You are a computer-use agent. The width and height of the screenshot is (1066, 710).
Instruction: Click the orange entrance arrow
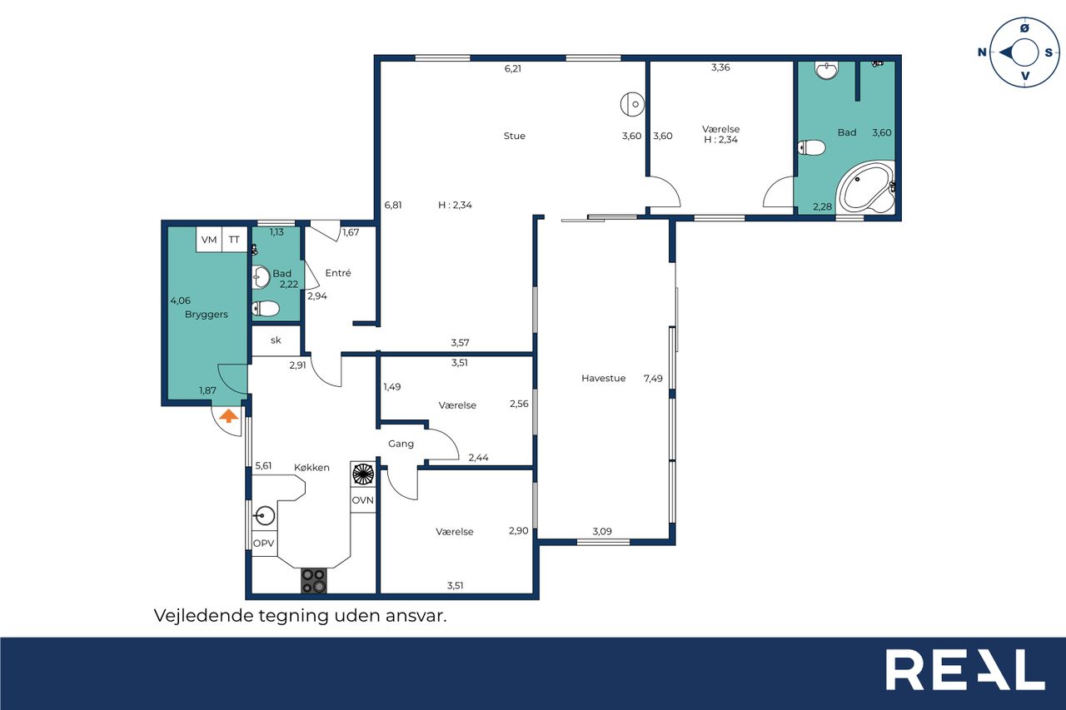[x=228, y=415]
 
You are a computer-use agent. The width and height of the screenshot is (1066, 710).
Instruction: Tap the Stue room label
[x=515, y=136]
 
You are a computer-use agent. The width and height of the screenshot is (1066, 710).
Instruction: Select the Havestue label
[x=604, y=379]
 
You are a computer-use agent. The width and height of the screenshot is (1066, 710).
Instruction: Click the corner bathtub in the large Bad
[x=866, y=187]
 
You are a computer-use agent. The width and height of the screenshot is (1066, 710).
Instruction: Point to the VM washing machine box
[x=209, y=240]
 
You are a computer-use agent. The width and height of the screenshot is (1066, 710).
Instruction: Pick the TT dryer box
[x=234, y=240]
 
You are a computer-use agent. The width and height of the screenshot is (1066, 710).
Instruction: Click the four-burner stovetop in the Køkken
[x=314, y=581]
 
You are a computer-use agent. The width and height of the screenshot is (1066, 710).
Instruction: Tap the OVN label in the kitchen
[x=362, y=500]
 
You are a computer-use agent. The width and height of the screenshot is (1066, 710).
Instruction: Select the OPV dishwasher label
[x=264, y=543]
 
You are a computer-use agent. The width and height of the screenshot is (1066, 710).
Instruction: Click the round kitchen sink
[x=265, y=515]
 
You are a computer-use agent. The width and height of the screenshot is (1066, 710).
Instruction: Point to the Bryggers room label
[x=206, y=315]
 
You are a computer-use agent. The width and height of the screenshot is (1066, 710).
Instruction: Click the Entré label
[x=338, y=273]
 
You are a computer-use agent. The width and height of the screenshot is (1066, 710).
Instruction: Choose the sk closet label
[x=276, y=340]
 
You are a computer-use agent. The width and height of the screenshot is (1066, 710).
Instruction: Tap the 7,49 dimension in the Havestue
[x=653, y=379]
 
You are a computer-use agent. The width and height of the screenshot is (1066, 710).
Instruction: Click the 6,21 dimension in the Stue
[x=513, y=69]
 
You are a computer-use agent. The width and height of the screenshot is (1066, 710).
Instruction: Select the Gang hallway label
[x=401, y=444]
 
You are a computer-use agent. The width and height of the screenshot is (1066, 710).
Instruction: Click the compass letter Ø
[x=1024, y=28]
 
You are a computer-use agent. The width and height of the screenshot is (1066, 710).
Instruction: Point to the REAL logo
[x=965, y=669]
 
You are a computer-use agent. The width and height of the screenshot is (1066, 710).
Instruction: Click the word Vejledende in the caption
[x=202, y=616]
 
